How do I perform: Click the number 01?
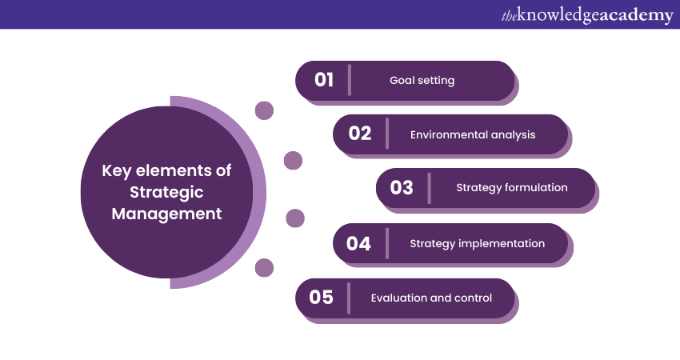(x=324, y=80)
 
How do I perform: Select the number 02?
(x=360, y=133)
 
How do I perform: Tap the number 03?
(x=402, y=187)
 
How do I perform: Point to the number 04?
(x=358, y=243)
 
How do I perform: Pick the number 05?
(x=322, y=297)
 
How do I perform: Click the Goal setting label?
(x=422, y=80)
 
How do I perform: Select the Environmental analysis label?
(x=473, y=134)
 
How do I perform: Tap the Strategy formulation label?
(x=512, y=188)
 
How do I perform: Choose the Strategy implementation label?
(x=478, y=243)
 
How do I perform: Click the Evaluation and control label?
(x=431, y=298)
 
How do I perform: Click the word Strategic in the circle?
(x=166, y=192)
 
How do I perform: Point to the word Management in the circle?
(x=166, y=214)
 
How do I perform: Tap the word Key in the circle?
(x=116, y=171)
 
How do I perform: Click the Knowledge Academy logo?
(x=587, y=15)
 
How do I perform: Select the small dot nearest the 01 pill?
(x=264, y=110)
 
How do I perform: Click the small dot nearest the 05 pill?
(x=264, y=268)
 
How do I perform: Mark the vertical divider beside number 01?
(x=350, y=80)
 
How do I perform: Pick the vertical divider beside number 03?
(x=430, y=188)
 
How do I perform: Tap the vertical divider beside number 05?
(x=349, y=298)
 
